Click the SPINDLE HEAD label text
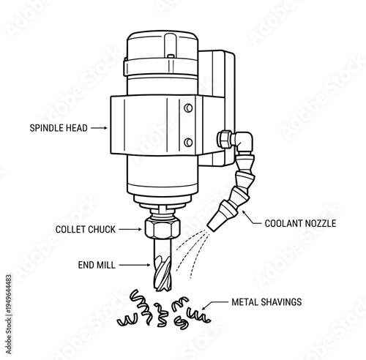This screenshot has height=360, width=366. coord(59,128)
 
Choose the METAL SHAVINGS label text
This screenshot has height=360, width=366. coord(266,301)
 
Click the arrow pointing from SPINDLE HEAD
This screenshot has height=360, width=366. coord(100,128)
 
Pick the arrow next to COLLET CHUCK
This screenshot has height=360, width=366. coord(129,229)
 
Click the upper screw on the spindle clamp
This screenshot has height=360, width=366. coord(188,108)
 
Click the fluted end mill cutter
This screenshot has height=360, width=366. coord(162,267)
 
